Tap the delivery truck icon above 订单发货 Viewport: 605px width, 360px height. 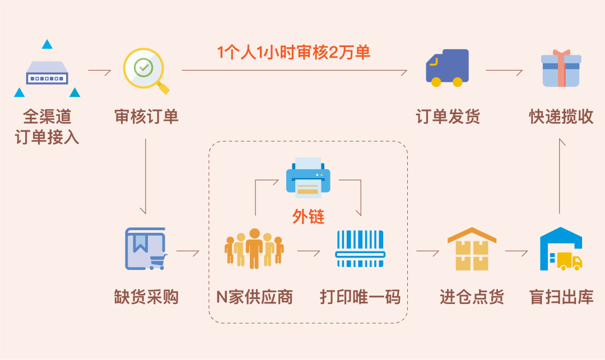click(x=447, y=68)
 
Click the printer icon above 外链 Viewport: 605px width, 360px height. click(x=308, y=177)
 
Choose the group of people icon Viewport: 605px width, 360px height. click(x=254, y=249)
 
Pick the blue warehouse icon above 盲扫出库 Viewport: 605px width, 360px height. click(x=561, y=249)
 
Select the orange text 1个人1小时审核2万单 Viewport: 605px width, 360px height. click(x=294, y=53)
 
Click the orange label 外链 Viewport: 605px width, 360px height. click(x=308, y=217)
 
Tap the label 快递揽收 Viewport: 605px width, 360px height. click(x=561, y=116)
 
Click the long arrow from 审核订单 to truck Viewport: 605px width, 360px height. click(x=294, y=71)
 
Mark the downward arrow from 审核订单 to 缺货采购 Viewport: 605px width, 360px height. click(x=146, y=176)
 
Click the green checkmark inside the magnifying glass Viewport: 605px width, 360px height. click(x=143, y=68)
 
